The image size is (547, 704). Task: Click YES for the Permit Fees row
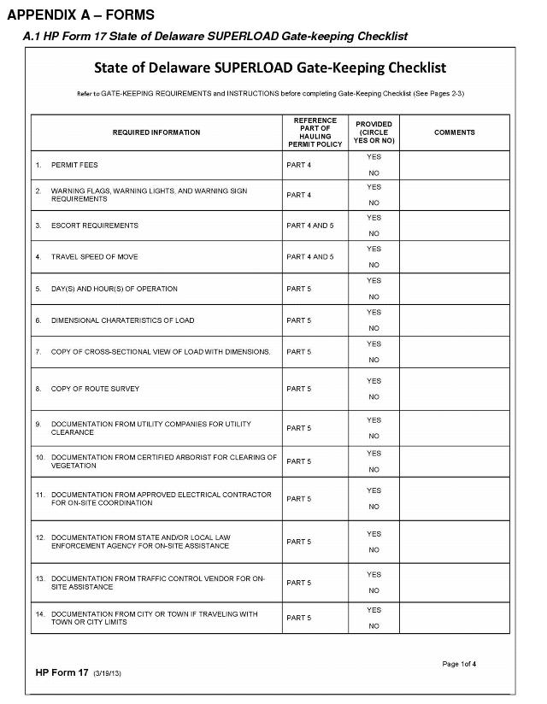(373, 157)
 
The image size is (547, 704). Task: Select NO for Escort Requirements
(373, 233)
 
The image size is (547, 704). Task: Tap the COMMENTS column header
(454, 132)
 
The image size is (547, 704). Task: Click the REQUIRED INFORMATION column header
(156, 132)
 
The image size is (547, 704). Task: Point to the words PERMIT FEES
(74, 164)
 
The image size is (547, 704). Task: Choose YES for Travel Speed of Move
(373, 249)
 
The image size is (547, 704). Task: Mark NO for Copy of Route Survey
(373, 397)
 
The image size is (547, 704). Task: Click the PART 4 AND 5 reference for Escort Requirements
(310, 226)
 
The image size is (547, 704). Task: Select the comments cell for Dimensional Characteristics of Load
(454, 320)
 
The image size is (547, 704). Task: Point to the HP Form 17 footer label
(62, 673)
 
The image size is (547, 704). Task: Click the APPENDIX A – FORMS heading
(80, 16)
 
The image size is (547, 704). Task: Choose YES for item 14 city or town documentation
(373, 610)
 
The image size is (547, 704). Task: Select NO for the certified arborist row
(373, 470)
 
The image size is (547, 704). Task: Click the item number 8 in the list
(38, 389)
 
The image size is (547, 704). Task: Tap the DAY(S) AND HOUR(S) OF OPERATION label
(115, 289)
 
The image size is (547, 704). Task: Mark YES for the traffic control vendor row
(373, 575)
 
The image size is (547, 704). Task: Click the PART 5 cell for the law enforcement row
(299, 542)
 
